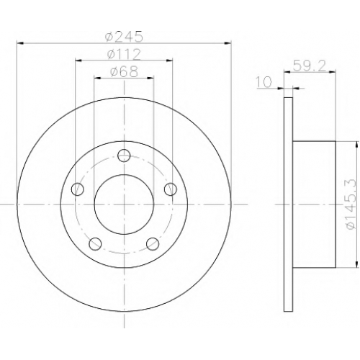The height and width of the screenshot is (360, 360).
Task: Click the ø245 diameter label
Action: (x=124, y=37)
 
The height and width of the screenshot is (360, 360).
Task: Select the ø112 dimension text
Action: (x=124, y=54)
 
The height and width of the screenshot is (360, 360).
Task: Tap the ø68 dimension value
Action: (x=124, y=71)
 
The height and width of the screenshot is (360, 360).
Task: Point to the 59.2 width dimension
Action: (x=310, y=66)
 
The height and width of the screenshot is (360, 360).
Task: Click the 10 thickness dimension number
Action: (x=264, y=82)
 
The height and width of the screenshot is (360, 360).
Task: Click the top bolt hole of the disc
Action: (x=124, y=156)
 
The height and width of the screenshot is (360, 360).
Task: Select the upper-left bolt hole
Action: (x=78, y=189)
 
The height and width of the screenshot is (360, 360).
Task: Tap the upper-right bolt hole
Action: (x=171, y=189)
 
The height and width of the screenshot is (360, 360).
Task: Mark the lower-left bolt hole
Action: (x=95, y=243)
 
